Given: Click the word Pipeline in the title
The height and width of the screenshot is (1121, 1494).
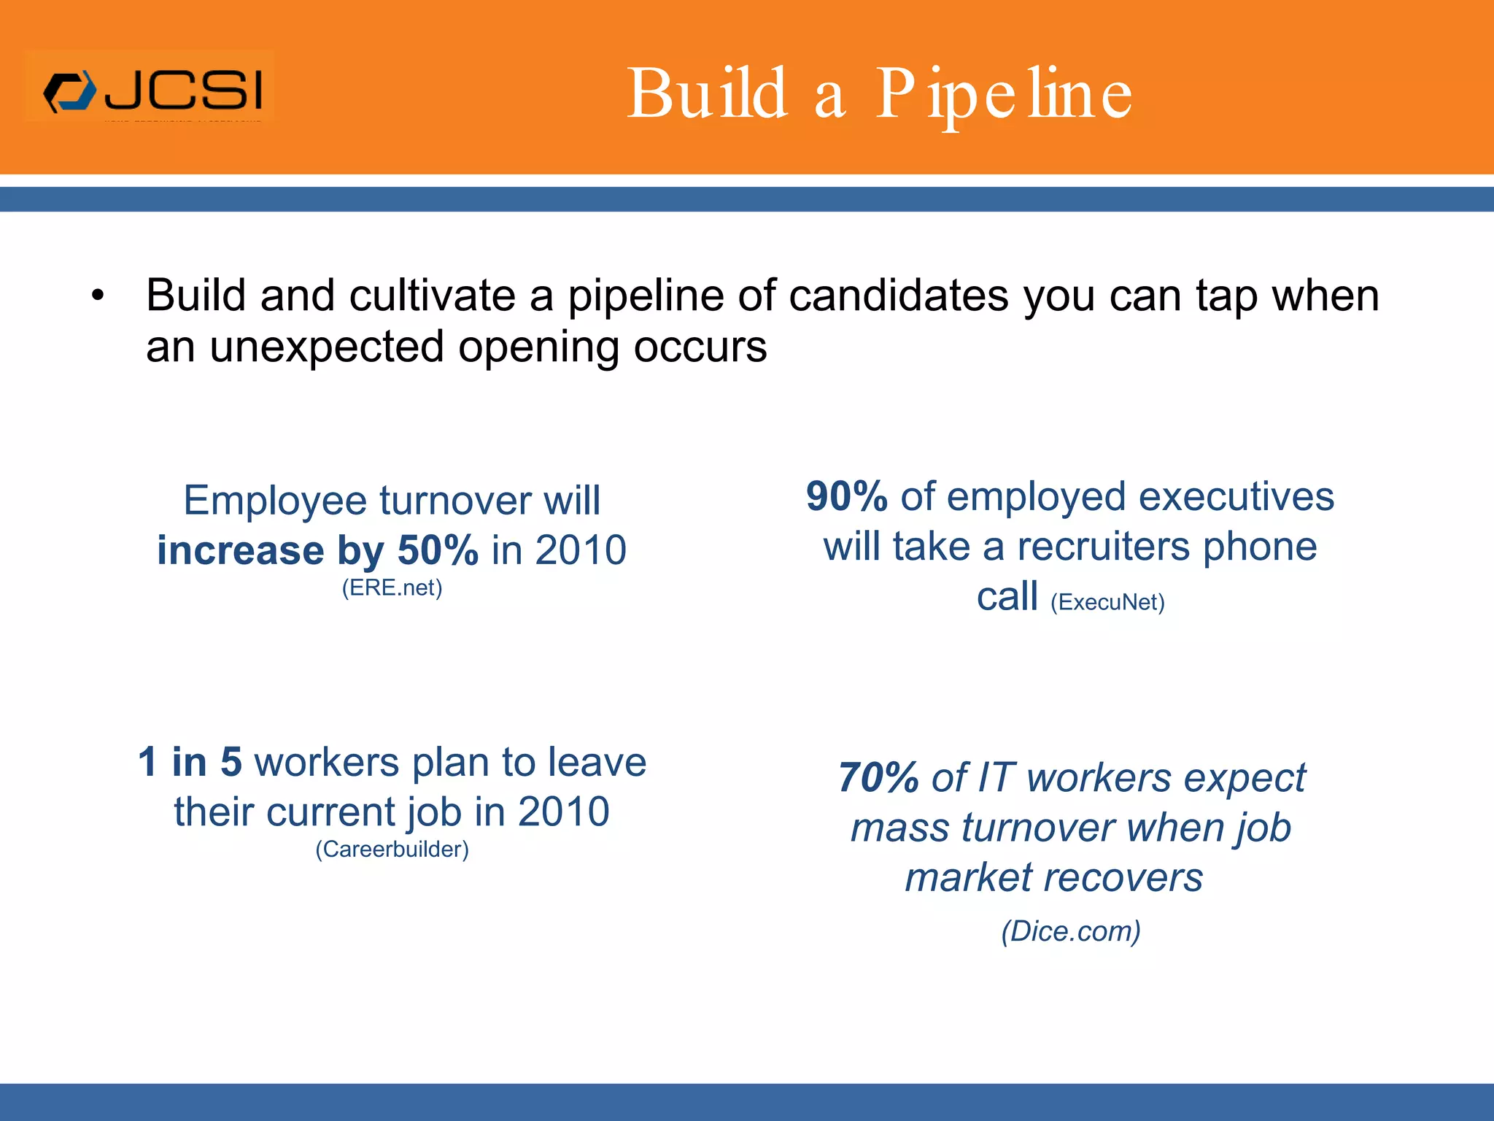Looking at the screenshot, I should click(x=1004, y=95).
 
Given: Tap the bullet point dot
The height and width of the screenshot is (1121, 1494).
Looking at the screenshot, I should click(x=98, y=297).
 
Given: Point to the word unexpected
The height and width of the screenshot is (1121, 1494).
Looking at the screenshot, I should click(x=326, y=347).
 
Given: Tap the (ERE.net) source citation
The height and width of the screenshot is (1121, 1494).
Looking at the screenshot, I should click(x=392, y=588).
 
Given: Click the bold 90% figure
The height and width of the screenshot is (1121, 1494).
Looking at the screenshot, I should click(x=846, y=496).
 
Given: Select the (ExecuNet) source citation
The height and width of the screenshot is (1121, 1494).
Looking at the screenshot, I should click(x=1107, y=602).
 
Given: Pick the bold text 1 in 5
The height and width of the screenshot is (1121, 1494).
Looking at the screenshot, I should click(x=190, y=762).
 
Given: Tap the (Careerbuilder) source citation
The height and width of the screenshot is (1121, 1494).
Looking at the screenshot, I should click(x=392, y=849).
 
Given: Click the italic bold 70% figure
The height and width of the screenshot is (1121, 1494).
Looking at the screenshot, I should click(x=878, y=777).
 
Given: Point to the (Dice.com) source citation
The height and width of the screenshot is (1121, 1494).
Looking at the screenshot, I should click(x=1071, y=931).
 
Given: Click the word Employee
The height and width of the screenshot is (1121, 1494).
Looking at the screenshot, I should click(x=275, y=501).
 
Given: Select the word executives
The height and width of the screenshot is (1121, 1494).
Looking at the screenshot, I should click(x=1236, y=496).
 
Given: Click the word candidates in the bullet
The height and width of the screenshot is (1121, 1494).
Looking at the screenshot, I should click(x=899, y=296).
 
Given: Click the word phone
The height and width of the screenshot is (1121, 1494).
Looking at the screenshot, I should click(x=1260, y=547).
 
